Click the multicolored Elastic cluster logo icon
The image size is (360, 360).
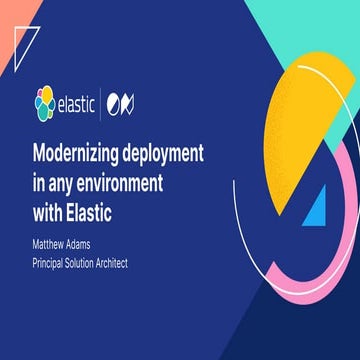[x=43, y=101]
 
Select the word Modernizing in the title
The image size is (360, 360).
[x=83, y=154]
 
